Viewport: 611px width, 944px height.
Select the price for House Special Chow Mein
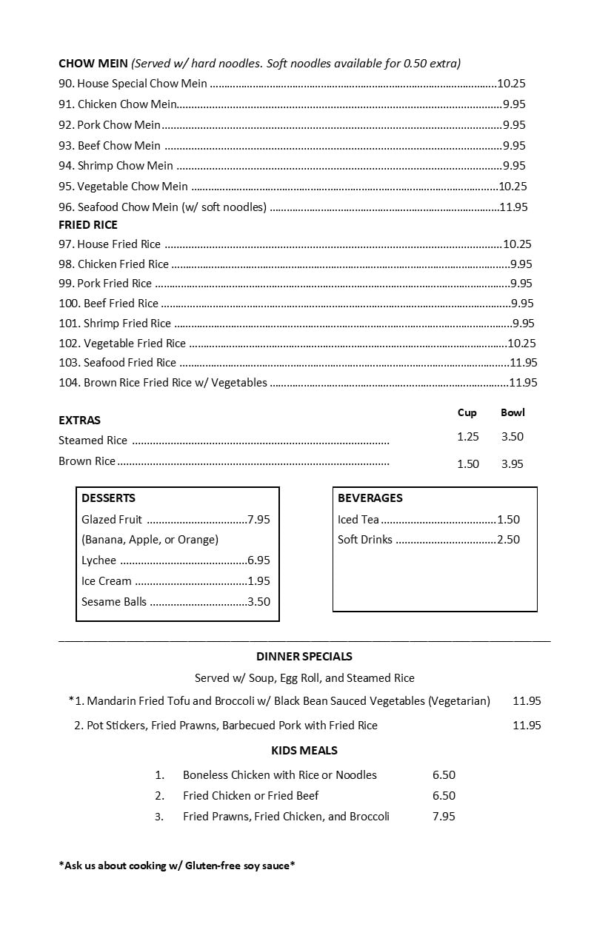511,84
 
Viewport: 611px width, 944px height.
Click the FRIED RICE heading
88,224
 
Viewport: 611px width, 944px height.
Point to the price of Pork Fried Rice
521,284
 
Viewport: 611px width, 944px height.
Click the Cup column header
467,412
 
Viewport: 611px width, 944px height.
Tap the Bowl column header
512,412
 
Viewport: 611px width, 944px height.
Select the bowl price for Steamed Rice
512,437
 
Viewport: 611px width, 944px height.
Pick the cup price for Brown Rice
468,463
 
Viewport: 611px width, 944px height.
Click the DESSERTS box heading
108,498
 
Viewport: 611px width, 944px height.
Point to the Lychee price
258,560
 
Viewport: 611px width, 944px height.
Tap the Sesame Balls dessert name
114,602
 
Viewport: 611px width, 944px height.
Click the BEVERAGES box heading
370,498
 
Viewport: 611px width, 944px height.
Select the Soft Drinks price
509,540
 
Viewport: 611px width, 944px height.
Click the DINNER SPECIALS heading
304,657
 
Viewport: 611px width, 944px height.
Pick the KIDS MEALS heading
304,751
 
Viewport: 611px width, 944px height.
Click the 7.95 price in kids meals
444,817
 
